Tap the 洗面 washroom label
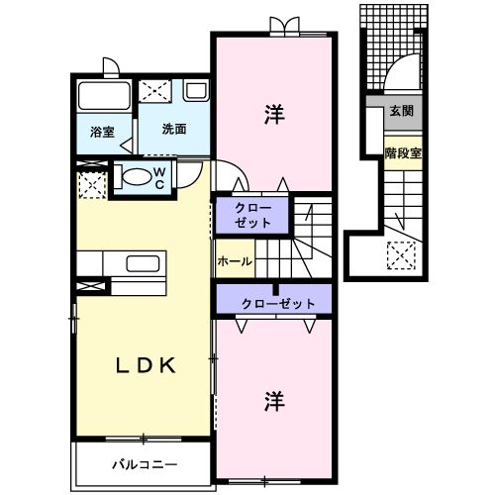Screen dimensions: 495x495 pyautogui.click(x=173, y=128)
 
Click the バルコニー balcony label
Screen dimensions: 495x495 pyautogui.click(x=144, y=463)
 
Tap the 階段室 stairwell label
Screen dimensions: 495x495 pyautogui.click(x=403, y=152)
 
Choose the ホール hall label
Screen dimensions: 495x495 pyautogui.click(x=235, y=262)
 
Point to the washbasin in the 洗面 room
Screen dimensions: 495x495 pyautogui.click(x=195, y=92)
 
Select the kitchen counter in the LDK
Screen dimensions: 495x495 pyautogui.click(x=123, y=263)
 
